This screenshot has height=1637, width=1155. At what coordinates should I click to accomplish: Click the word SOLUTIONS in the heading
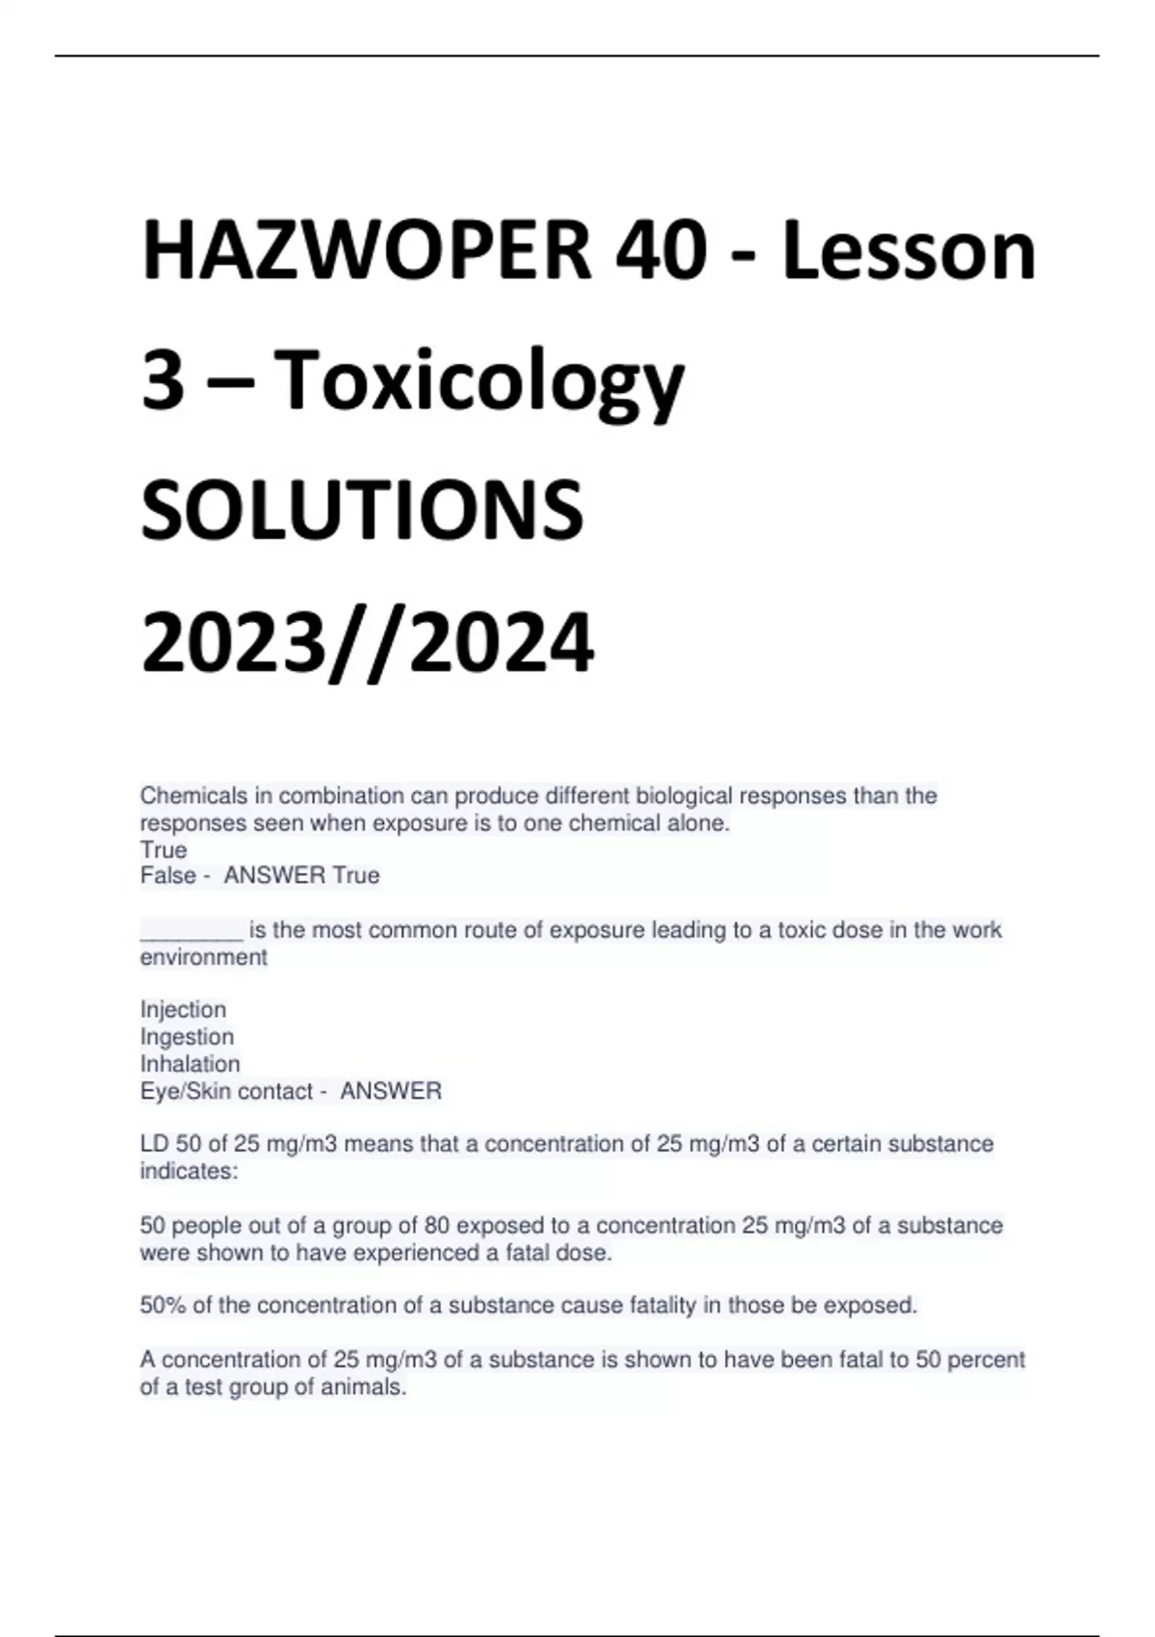(362, 510)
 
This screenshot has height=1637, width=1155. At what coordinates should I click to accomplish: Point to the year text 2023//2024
(368, 642)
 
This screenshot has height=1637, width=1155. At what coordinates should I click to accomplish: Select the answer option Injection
(183, 1009)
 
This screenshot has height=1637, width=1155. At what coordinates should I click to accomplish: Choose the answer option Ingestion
(187, 1036)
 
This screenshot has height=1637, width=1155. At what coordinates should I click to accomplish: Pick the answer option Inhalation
(190, 1064)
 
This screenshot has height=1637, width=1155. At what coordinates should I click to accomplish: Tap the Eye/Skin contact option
(226, 1091)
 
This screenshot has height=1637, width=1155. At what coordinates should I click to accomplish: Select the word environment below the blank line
(203, 957)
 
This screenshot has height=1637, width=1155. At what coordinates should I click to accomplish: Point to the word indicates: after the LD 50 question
(189, 1171)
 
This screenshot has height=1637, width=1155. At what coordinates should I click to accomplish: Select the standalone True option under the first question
(164, 849)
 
